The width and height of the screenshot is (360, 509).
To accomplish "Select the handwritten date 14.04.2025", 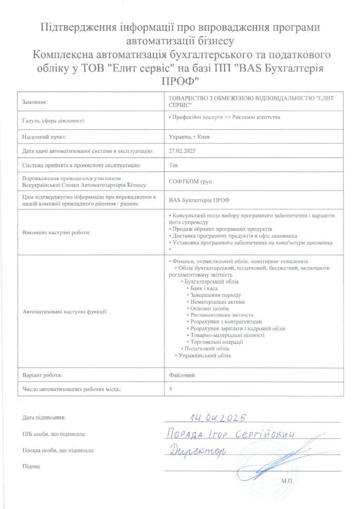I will point(219,417).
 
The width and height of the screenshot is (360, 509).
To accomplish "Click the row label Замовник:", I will point(35,103).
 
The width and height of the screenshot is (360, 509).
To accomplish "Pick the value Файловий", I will point(182,375).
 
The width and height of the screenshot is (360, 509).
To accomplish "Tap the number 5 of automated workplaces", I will point(170,390).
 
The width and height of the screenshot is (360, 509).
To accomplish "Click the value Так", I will point(173,165).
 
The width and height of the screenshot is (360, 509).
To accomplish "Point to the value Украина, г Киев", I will point(189,136).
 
